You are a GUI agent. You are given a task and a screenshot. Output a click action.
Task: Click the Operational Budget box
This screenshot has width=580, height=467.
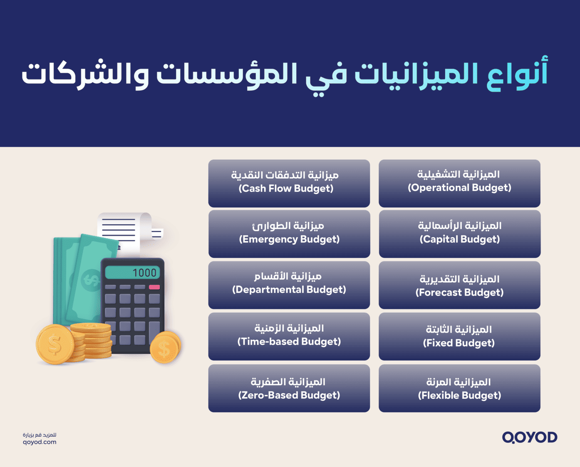point(459,183)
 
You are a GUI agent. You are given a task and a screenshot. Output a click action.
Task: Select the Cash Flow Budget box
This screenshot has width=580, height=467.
point(289,183)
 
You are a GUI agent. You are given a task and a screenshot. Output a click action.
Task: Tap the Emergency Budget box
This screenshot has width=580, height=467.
point(289,234)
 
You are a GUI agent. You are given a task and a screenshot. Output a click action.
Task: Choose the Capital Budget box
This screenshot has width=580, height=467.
point(459,234)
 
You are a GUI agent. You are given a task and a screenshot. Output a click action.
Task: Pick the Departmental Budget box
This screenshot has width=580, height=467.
point(289,285)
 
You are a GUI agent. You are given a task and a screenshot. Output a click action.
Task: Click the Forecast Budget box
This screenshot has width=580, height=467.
point(459,285)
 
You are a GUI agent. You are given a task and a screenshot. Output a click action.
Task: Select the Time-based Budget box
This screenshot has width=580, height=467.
point(289,336)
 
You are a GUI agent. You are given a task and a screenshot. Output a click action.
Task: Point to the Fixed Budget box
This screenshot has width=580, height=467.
point(459,336)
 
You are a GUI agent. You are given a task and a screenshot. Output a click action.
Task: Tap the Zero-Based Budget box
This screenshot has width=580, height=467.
point(289,388)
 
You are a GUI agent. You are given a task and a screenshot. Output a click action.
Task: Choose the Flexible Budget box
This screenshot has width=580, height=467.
point(459,388)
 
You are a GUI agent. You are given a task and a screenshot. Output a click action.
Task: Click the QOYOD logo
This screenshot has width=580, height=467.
point(529,437)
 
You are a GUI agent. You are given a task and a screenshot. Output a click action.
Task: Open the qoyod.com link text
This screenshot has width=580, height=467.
point(40,442)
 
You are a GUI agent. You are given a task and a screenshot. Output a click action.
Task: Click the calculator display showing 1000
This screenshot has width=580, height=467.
point(133,273)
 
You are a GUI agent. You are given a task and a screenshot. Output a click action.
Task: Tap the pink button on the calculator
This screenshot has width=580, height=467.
point(154,287)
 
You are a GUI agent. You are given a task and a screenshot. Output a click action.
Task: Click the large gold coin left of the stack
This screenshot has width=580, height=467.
point(55,344)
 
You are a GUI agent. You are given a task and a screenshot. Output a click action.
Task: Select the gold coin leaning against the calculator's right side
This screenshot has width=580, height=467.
point(165,348)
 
